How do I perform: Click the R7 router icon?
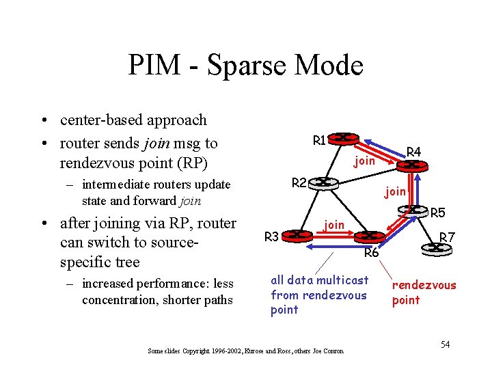[x=443, y=251]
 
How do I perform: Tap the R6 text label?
[x=372, y=254]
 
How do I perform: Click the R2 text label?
[x=299, y=182]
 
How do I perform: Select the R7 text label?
[x=447, y=238]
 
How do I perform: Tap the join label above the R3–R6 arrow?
[x=334, y=224]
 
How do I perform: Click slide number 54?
[x=445, y=344]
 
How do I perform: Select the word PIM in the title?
[x=152, y=66]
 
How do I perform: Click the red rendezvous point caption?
[x=423, y=292]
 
